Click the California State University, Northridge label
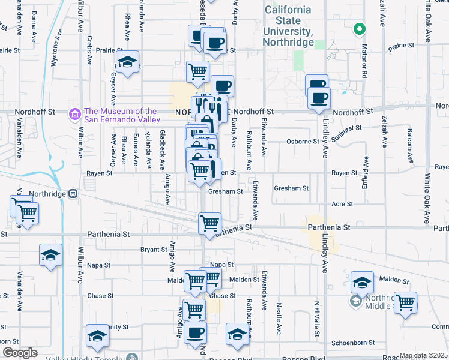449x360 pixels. (x=288, y=26)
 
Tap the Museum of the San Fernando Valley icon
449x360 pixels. (x=75, y=113)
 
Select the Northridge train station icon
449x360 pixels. (x=73, y=194)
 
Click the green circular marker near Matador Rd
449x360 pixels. (x=360, y=28)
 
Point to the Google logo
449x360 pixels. (x=20, y=353)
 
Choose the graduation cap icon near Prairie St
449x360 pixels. (x=127, y=62)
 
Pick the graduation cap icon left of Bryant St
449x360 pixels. (x=51, y=255)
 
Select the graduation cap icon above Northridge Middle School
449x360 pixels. (x=362, y=282)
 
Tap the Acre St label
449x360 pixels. (x=342, y=204)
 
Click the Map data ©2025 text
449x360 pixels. (x=423, y=355)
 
